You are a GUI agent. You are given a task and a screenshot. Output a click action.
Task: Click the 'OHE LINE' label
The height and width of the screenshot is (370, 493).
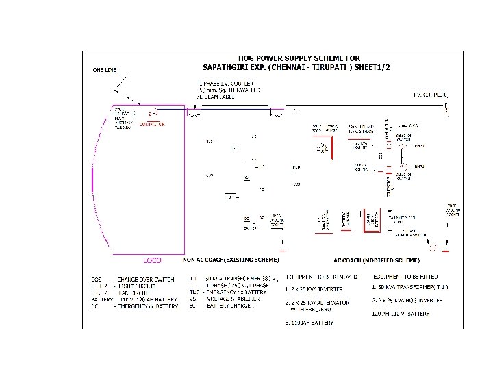105,70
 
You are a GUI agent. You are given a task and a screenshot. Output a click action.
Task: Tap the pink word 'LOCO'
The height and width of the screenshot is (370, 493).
152,260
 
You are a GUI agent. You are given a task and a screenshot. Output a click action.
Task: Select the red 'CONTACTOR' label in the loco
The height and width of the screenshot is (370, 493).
152,125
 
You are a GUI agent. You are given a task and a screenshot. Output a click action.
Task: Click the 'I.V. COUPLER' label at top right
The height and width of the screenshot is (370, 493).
429,94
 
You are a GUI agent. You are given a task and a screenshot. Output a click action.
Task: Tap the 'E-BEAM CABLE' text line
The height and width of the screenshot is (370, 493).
217,97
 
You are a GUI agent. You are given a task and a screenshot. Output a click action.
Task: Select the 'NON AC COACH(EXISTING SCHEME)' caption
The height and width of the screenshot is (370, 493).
231,260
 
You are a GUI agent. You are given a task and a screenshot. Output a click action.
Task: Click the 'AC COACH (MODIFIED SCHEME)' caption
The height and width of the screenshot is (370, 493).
376,260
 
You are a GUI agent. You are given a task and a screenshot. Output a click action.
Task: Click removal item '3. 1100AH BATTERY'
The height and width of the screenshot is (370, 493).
309,323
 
